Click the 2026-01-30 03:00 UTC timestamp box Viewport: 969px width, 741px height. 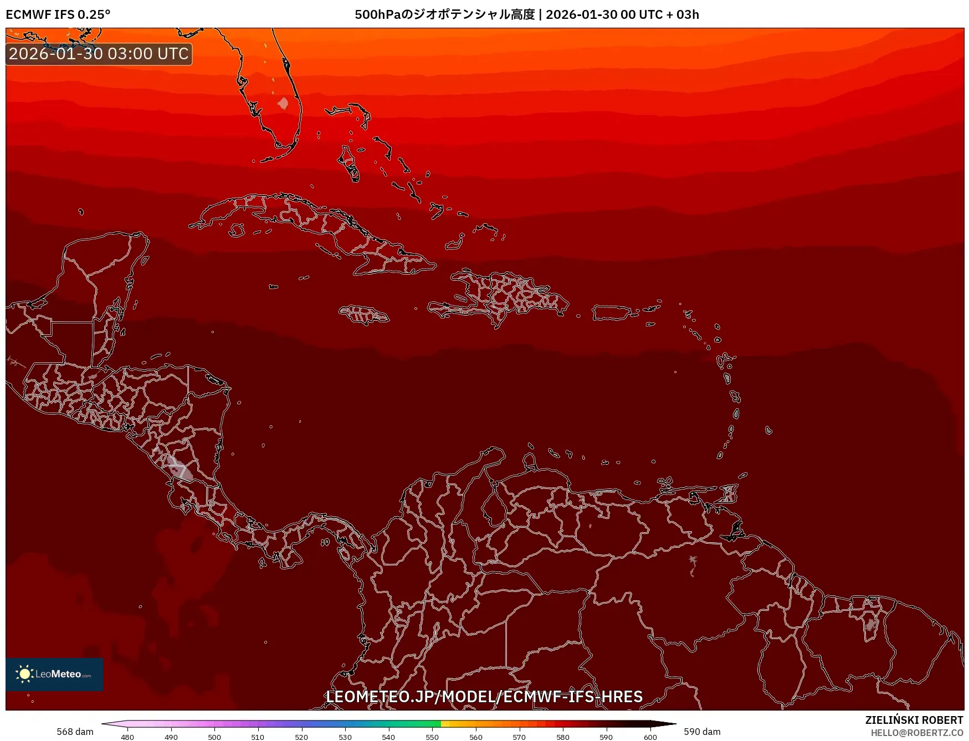click(x=99, y=54)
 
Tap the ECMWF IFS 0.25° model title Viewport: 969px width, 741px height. click(x=58, y=14)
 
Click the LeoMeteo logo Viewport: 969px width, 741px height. click(x=54, y=674)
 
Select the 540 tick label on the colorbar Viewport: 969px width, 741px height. click(x=388, y=737)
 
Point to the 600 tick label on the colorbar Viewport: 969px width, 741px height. click(x=650, y=737)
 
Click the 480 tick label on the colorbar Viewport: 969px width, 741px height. click(x=127, y=737)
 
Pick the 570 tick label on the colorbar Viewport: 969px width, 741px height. click(x=519, y=737)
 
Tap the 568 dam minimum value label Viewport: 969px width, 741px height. click(x=75, y=732)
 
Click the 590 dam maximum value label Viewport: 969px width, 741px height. click(x=702, y=732)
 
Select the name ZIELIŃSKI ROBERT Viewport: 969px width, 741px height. click(x=914, y=720)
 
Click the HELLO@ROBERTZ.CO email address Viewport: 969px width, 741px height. click(x=917, y=733)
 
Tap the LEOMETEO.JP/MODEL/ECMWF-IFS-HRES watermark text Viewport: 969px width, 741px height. click(x=484, y=696)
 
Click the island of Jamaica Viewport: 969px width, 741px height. click(x=364, y=315)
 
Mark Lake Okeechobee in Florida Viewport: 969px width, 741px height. click(x=283, y=104)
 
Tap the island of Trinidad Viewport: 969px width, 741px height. click(x=729, y=493)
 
